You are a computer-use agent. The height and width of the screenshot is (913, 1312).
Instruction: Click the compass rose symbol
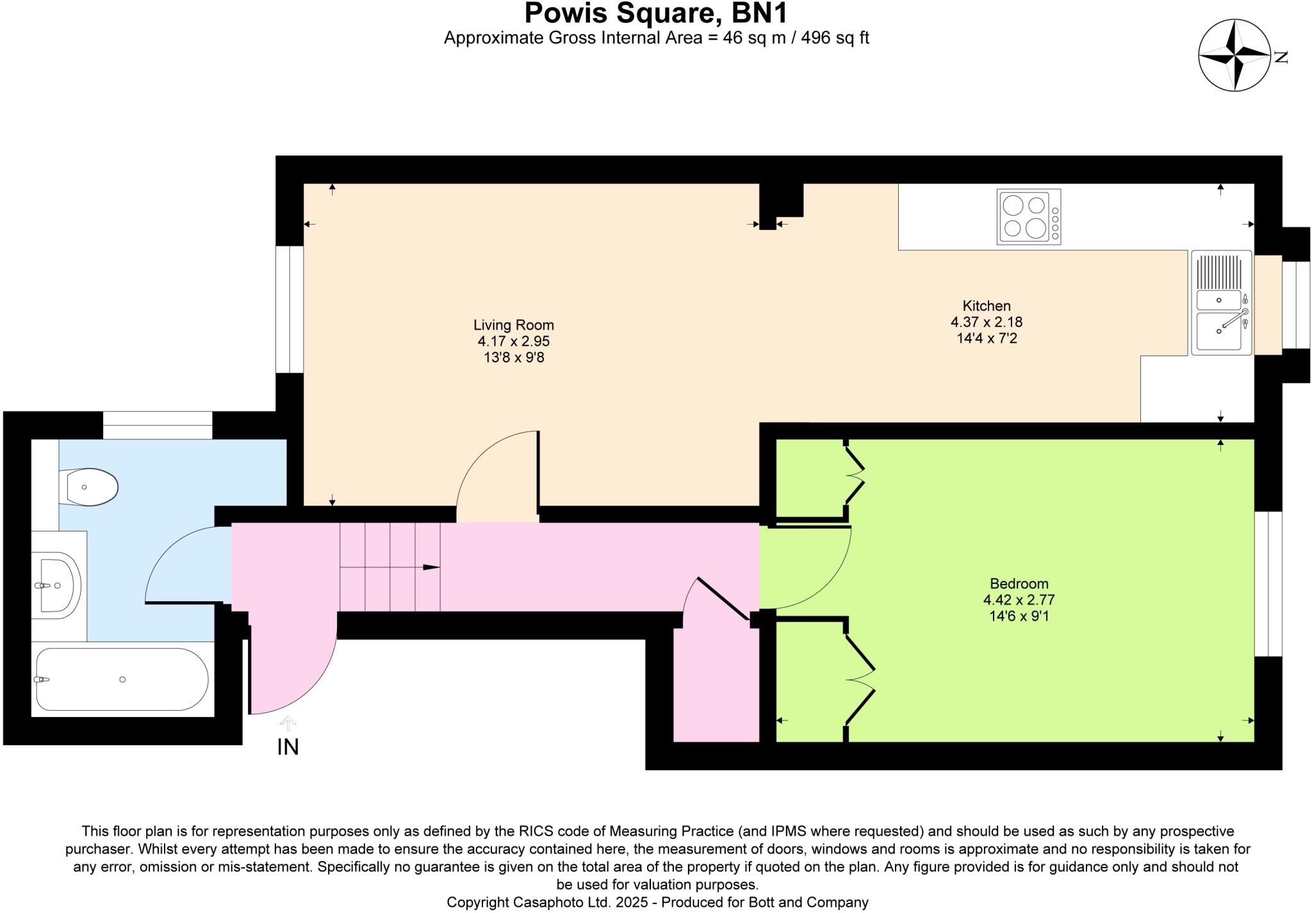(x=1234, y=65)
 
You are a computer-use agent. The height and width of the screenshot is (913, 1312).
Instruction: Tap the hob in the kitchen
(x=1028, y=216)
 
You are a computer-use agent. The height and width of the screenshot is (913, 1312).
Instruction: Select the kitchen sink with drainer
(x=1221, y=302)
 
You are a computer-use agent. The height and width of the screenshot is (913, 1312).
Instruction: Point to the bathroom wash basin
(x=57, y=585)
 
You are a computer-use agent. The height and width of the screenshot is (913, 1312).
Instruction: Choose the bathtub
(x=122, y=679)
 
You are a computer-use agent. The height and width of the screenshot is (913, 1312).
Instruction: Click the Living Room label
(x=513, y=325)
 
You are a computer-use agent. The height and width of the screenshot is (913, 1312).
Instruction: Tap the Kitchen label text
(x=986, y=306)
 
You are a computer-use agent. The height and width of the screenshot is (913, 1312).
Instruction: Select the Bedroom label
(x=1019, y=584)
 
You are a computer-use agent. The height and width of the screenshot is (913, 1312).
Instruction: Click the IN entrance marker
(x=288, y=747)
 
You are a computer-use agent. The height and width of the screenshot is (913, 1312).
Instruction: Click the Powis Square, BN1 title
(x=656, y=13)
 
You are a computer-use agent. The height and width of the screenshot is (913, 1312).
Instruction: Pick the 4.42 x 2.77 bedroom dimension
(x=1019, y=600)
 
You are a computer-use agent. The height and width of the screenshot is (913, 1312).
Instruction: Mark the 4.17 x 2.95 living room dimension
(x=513, y=341)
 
